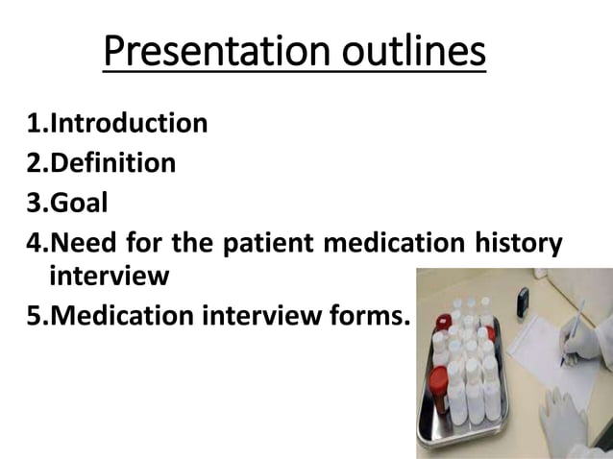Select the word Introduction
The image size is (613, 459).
(x=128, y=123)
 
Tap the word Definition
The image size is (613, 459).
(x=112, y=163)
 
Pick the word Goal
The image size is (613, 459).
(x=79, y=204)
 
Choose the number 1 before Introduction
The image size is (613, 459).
(x=33, y=123)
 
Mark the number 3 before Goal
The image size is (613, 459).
(x=33, y=204)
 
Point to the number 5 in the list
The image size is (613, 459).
(x=33, y=316)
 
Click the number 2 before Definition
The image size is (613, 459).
(x=33, y=163)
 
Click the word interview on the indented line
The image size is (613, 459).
(x=109, y=277)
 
